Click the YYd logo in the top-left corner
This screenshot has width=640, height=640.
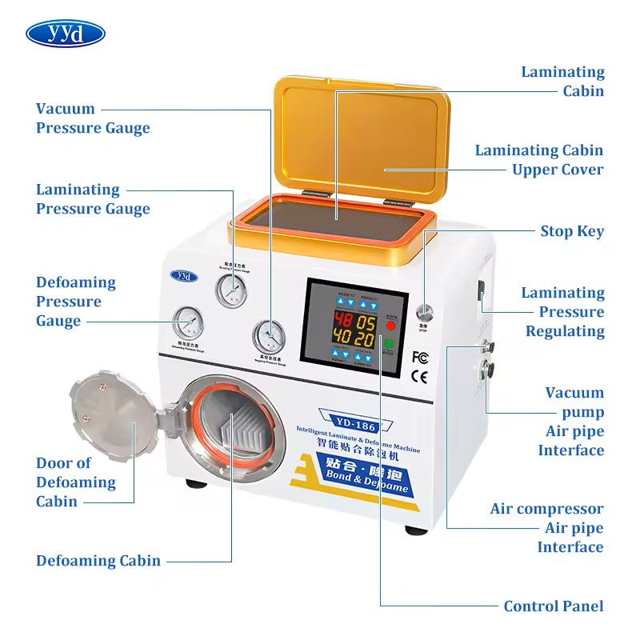click(66, 34)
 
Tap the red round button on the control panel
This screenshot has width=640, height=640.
click(391, 326)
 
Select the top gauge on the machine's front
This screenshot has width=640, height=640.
click(230, 290)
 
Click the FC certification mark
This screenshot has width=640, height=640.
click(419, 357)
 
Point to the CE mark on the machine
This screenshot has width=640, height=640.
click(419, 374)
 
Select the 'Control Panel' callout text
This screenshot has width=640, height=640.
click(554, 606)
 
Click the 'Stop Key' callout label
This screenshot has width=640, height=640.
click(572, 232)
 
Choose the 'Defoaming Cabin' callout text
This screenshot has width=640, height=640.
click(98, 561)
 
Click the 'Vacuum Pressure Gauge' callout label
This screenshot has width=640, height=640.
click(93, 118)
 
